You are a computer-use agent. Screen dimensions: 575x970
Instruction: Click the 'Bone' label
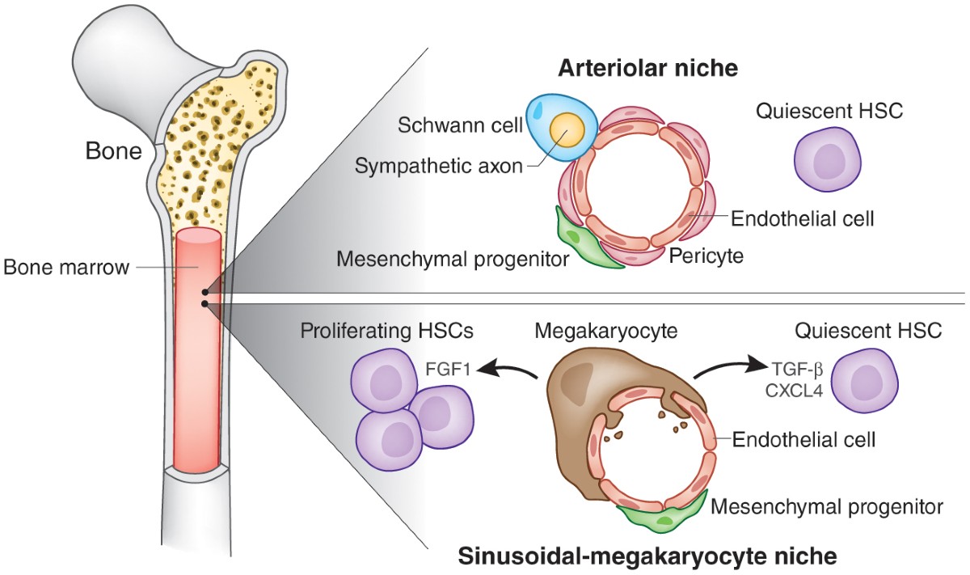point(112,151)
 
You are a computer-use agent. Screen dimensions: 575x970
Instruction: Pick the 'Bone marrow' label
point(66,267)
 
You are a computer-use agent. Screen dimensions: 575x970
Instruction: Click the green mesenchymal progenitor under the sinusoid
point(656,515)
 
